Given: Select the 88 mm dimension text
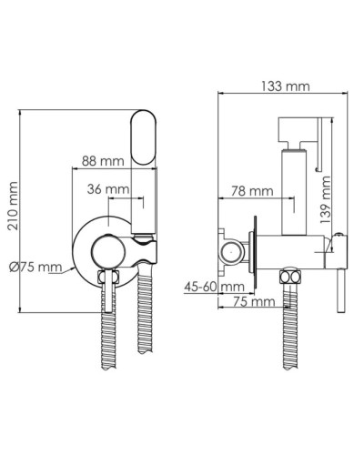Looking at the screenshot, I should pyautogui.click(x=103, y=160).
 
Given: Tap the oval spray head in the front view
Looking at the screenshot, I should pyautogui.click(x=144, y=139).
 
